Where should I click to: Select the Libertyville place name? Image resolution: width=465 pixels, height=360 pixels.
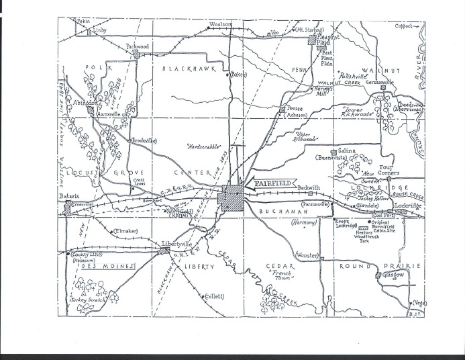coord(176,243)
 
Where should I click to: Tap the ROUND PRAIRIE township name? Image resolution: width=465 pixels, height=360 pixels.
coord(385,265)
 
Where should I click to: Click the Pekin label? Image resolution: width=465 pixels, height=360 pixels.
coord(83,21)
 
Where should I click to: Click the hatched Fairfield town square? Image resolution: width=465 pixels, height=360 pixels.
coord(233,199)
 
